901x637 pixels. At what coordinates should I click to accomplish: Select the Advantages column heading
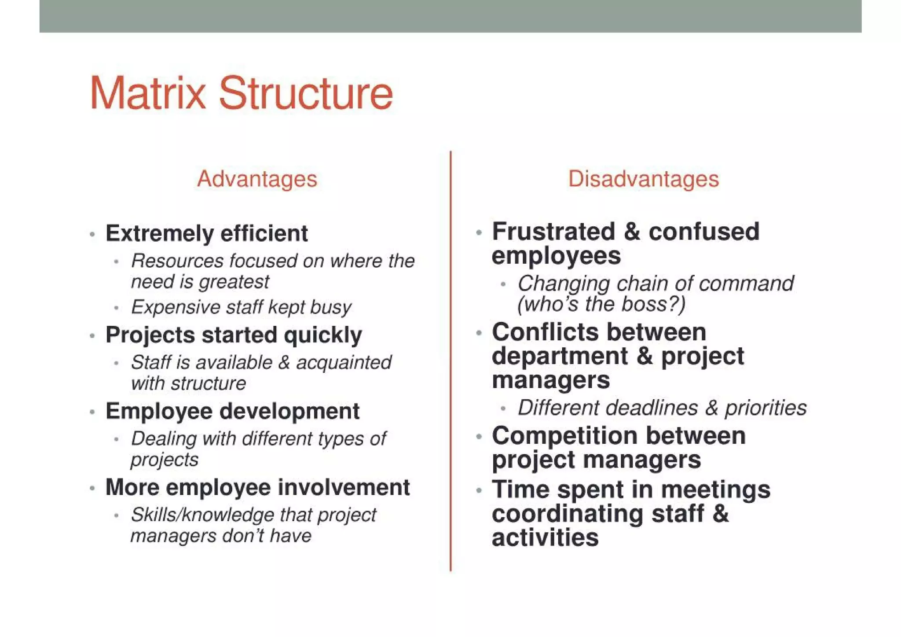pyautogui.click(x=257, y=179)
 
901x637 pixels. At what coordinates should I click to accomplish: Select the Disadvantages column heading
pyautogui.click(x=643, y=179)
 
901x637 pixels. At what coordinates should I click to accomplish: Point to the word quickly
pyautogui.click(x=322, y=335)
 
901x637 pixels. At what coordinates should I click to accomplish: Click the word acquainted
pyautogui.click(x=344, y=362)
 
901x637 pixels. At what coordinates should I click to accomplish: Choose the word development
pyautogui.click(x=289, y=411)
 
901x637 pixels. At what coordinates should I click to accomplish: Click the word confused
pyautogui.click(x=704, y=232)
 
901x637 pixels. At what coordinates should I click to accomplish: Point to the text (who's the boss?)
pyautogui.click(x=601, y=304)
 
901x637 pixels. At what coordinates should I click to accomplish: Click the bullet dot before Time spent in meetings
pyautogui.click(x=479, y=490)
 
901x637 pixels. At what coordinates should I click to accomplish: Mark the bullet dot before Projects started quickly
pyautogui.click(x=92, y=336)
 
